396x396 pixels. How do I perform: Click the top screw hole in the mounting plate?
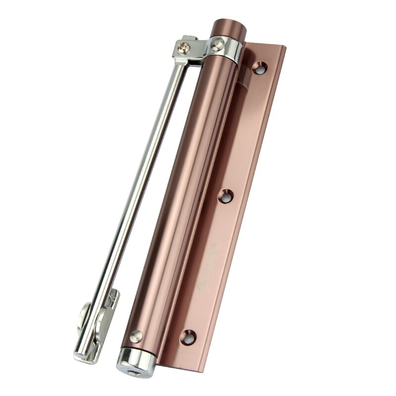tap(258, 67)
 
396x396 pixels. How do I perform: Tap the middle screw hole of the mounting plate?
tap(227, 197)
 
